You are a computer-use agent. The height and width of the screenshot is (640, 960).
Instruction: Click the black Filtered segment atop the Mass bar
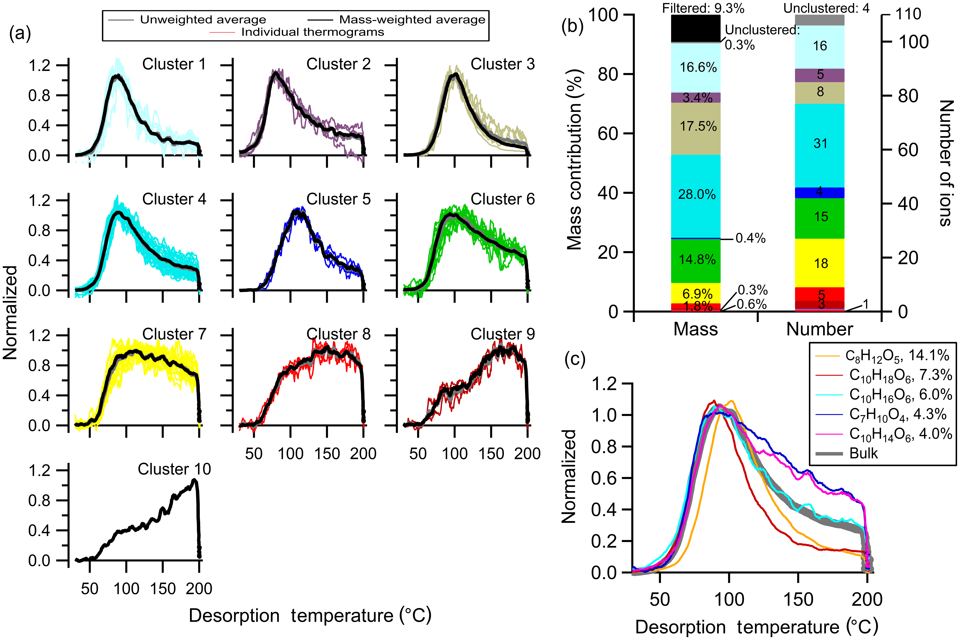pyautogui.click(x=696, y=28)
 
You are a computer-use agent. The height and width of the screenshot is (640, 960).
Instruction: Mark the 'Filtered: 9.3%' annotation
pyautogui.click(x=703, y=8)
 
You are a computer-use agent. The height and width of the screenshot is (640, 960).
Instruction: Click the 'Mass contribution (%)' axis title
pyautogui.click(x=574, y=159)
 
